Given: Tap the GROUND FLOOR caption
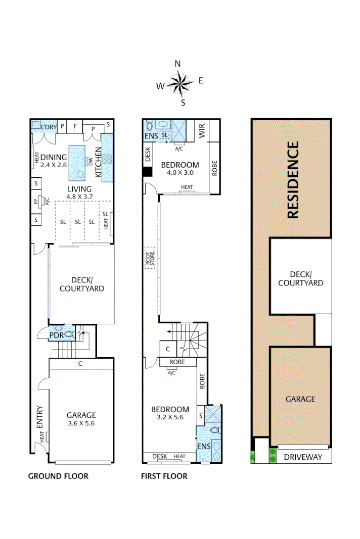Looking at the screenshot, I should (x=58, y=476).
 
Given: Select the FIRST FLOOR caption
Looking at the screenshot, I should (x=165, y=476).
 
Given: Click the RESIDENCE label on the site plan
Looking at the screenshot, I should (x=293, y=180).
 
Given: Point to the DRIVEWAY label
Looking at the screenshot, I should (x=303, y=457).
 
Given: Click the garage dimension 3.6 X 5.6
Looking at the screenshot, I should (x=81, y=424).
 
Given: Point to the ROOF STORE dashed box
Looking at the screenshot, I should (x=150, y=258).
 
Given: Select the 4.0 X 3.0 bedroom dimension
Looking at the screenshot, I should (x=179, y=172).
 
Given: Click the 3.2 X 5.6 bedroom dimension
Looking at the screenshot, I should (x=170, y=417).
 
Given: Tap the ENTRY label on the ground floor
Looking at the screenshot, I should (x=40, y=417).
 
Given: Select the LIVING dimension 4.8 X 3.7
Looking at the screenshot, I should (x=80, y=197).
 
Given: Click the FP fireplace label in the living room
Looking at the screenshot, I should (x=36, y=202).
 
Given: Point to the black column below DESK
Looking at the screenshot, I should (x=147, y=172).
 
